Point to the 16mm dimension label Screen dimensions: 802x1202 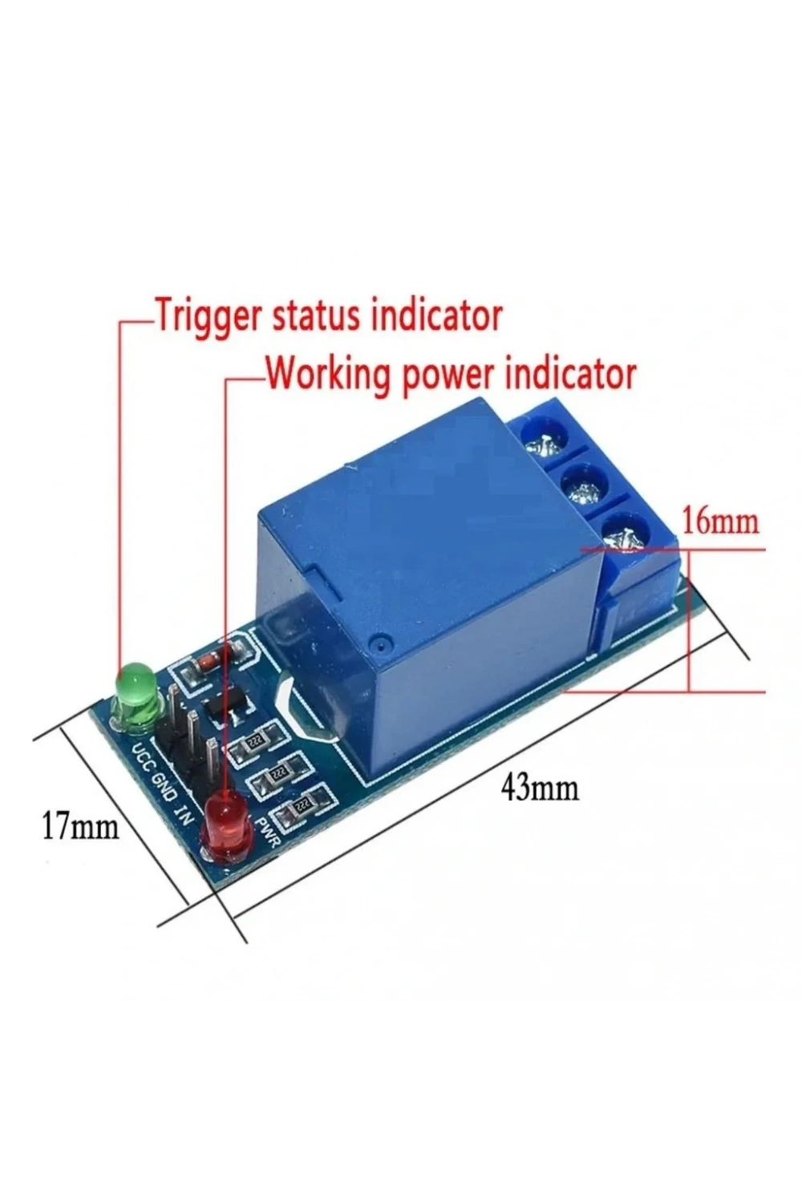721,521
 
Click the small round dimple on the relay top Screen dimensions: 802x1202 380,647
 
